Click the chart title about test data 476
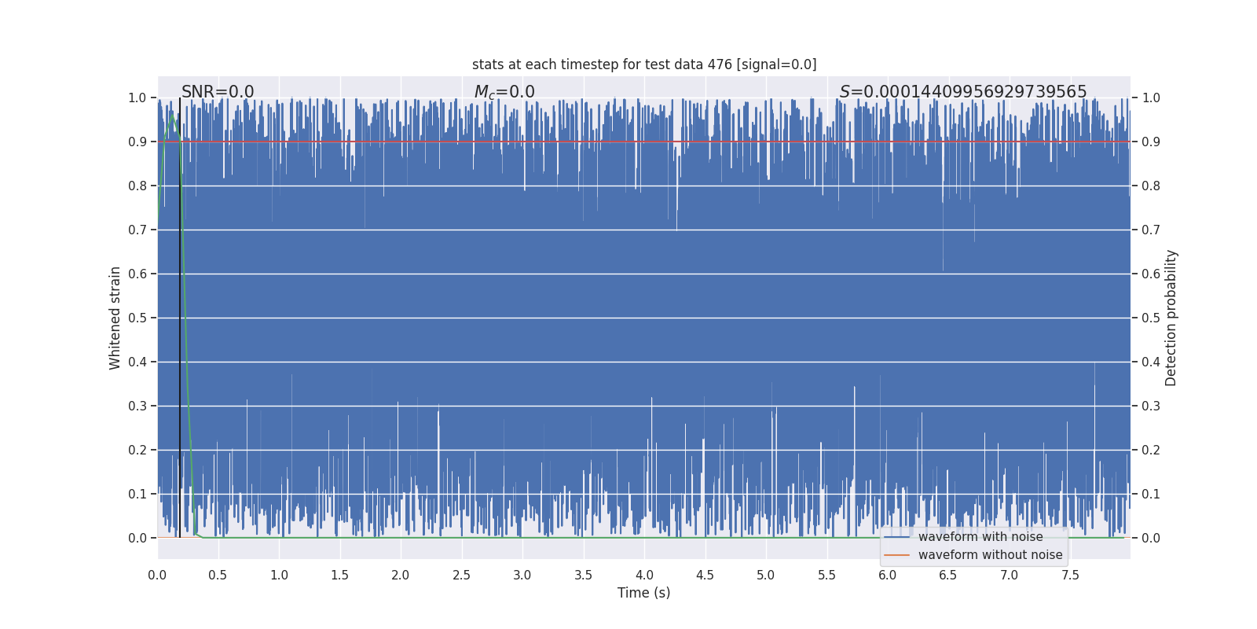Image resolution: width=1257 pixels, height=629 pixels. coord(644,64)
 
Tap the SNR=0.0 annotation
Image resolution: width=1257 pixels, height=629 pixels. coord(218,92)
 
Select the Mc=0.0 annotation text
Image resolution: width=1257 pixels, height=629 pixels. coord(504,92)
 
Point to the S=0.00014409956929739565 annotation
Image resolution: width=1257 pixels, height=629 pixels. coord(963,92)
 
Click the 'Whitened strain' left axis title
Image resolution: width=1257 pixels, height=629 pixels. coord(115,318)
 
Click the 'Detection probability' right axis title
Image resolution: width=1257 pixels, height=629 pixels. coord(1171,318)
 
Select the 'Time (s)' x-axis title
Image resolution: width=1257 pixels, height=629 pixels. coord(643,593)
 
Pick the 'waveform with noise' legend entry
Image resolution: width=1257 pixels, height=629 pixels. coord(980,537)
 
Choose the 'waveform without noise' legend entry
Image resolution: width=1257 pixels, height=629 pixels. coord(990,555)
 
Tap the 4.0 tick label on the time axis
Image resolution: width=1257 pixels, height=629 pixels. coord(644,575)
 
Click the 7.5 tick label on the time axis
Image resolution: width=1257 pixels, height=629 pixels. coord(1070,575)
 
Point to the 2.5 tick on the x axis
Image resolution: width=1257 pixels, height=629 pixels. coord(461,575)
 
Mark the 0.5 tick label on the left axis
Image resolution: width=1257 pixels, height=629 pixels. coord(137,318)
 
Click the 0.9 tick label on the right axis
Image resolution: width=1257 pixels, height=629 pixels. coord(1151,142)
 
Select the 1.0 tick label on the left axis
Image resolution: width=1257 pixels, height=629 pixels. coord(137,97)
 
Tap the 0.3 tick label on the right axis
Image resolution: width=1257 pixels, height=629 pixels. coord(1151,406)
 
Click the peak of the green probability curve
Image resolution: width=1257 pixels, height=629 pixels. coord(171,116)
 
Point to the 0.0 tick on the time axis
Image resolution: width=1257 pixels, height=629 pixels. coord(157,575)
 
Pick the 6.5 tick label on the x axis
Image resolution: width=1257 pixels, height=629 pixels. coord(948,575)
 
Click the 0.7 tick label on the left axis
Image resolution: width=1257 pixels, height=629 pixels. coord(137,230)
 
